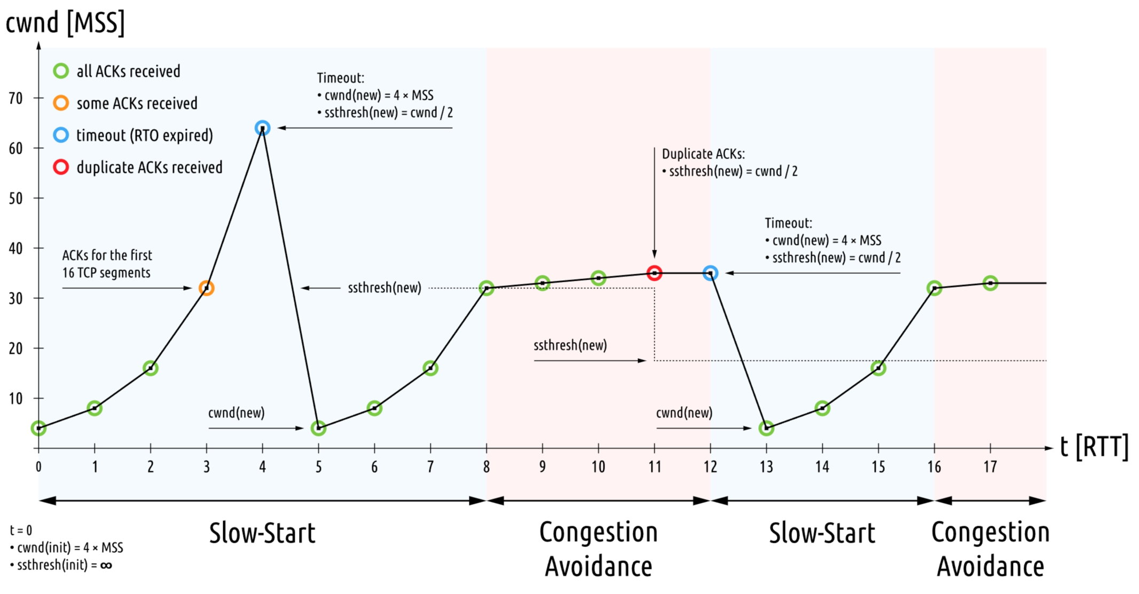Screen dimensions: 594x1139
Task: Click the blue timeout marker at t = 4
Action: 262,128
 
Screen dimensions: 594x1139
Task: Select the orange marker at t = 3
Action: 207,288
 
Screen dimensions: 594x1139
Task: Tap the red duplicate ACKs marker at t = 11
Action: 654,273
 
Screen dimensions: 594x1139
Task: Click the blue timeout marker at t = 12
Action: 710,273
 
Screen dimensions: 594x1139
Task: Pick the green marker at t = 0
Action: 38,428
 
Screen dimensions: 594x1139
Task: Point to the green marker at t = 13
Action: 766,428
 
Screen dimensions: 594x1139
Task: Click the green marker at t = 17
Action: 990,283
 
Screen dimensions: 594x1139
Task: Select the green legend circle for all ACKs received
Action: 61,71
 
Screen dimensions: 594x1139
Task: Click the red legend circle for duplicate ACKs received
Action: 61,167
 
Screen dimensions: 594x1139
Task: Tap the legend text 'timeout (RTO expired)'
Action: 144,136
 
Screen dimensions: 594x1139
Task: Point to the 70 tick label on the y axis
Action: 16,98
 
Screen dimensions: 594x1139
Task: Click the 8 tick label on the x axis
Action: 486,467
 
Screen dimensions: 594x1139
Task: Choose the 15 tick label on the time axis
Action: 878,467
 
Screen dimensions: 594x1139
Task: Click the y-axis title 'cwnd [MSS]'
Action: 65,22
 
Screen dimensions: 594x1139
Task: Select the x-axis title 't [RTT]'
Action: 1094,446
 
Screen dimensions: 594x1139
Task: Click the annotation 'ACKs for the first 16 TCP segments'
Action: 107,264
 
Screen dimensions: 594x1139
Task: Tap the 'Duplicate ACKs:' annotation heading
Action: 703,154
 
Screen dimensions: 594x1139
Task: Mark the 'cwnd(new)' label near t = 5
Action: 236,413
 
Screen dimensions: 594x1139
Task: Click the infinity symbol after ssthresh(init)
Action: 106,565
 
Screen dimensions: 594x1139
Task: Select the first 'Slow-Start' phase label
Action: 262,533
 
